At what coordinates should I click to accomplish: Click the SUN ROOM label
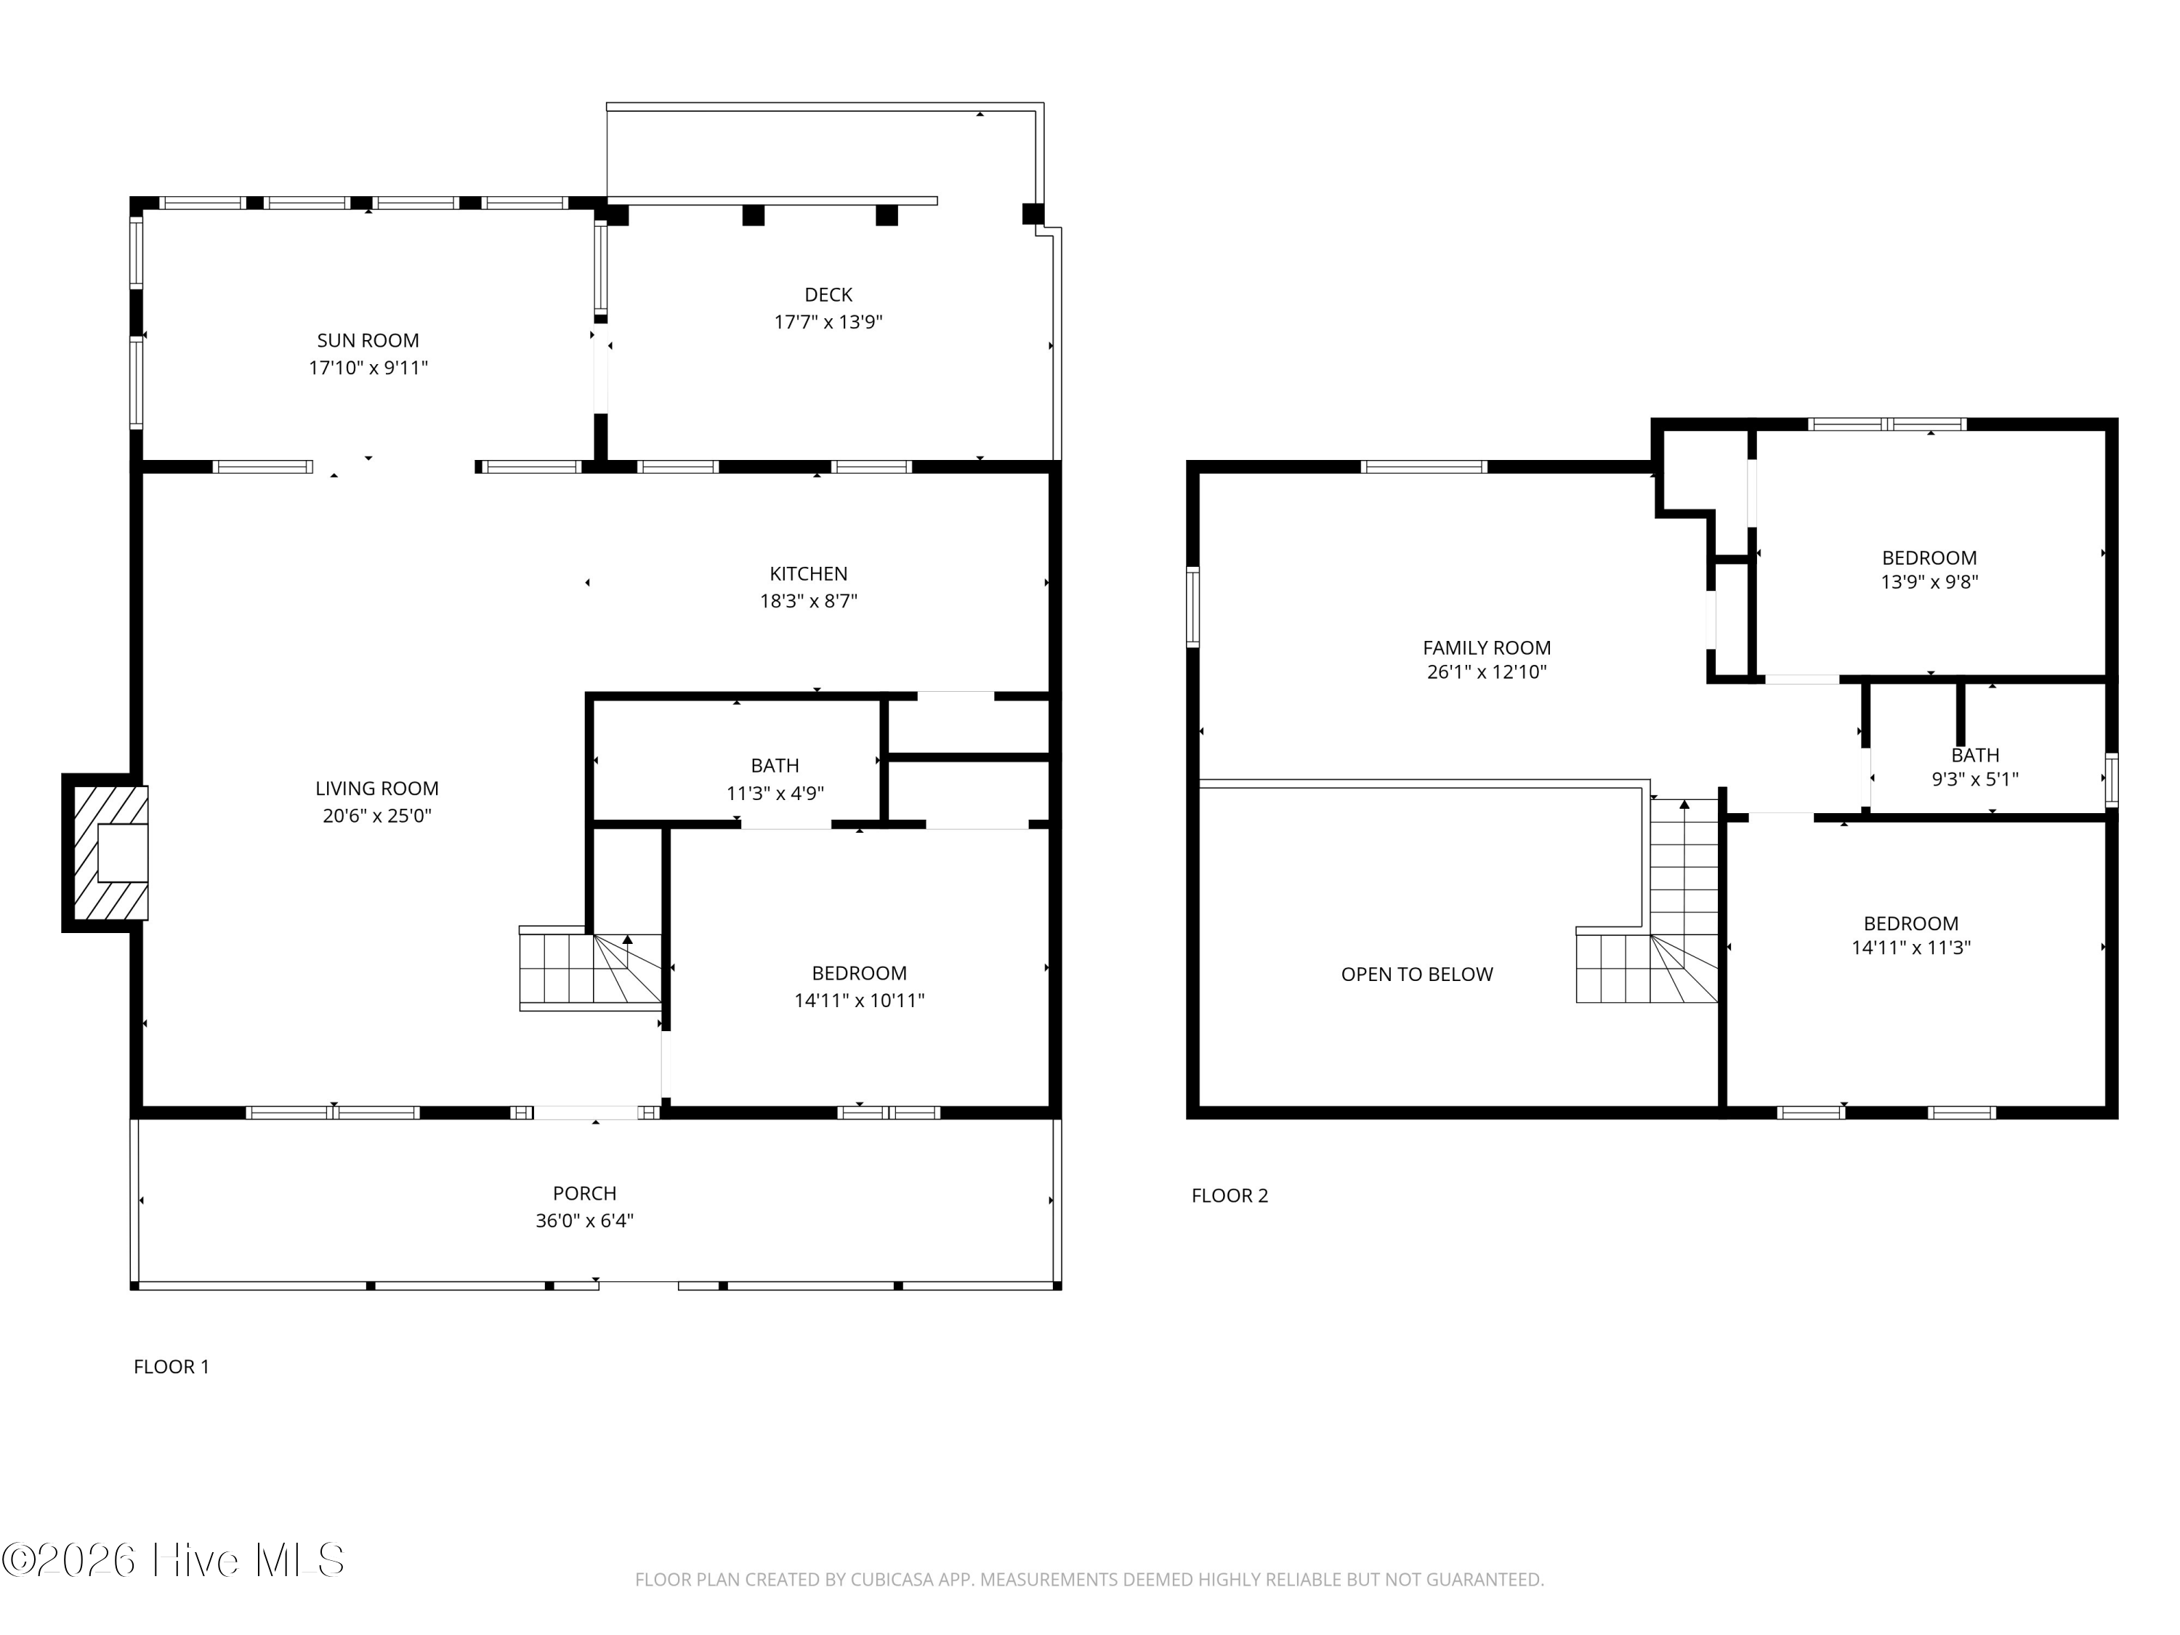tap(368, 341)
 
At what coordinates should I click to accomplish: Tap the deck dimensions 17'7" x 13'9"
tap(828, 322)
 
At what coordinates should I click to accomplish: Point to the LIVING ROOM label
tap(376, 788)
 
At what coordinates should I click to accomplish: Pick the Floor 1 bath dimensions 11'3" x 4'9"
tap(775, 794)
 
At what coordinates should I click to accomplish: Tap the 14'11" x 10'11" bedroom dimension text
tap(860, 1001)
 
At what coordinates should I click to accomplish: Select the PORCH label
tap(584, 1193)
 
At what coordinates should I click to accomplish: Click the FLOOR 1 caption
tap(171, 1367)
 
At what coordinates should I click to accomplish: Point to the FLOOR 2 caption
tap(1230, 1195)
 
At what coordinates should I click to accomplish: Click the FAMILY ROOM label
tap(1486, 648)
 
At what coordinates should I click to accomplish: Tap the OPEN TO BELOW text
tap(1416, 974)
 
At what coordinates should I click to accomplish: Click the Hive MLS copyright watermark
tap(174, 1560)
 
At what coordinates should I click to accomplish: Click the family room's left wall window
tap(1192, 606)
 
